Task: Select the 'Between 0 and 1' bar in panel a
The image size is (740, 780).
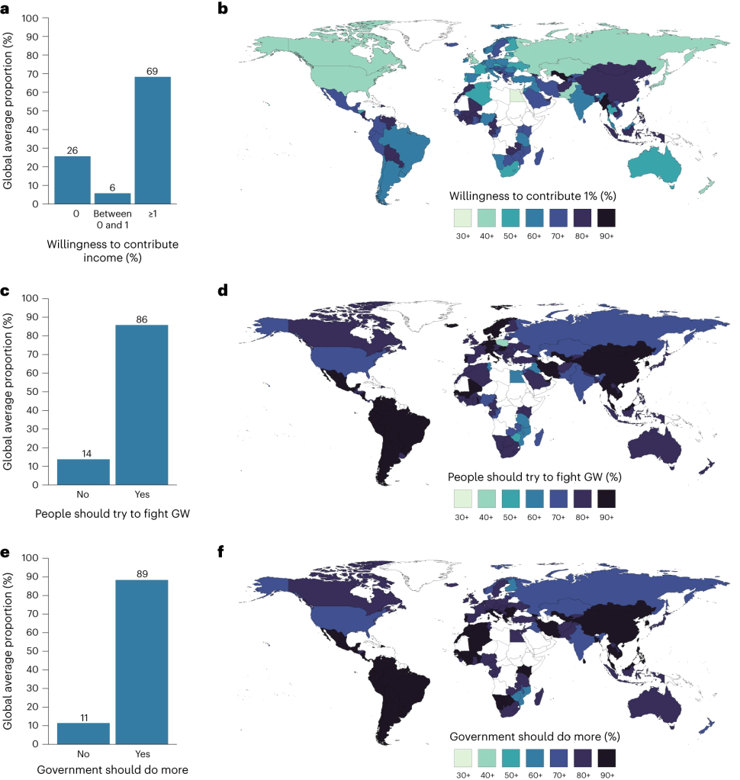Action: pos(112,198)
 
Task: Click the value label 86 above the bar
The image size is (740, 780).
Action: pos(142,318)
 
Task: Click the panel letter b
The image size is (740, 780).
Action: pos(223,8)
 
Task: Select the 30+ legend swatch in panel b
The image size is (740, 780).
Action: pos(463,218)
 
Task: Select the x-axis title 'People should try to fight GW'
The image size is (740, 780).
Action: pos(112,514)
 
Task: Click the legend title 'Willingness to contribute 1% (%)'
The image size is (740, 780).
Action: pos(532,196)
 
